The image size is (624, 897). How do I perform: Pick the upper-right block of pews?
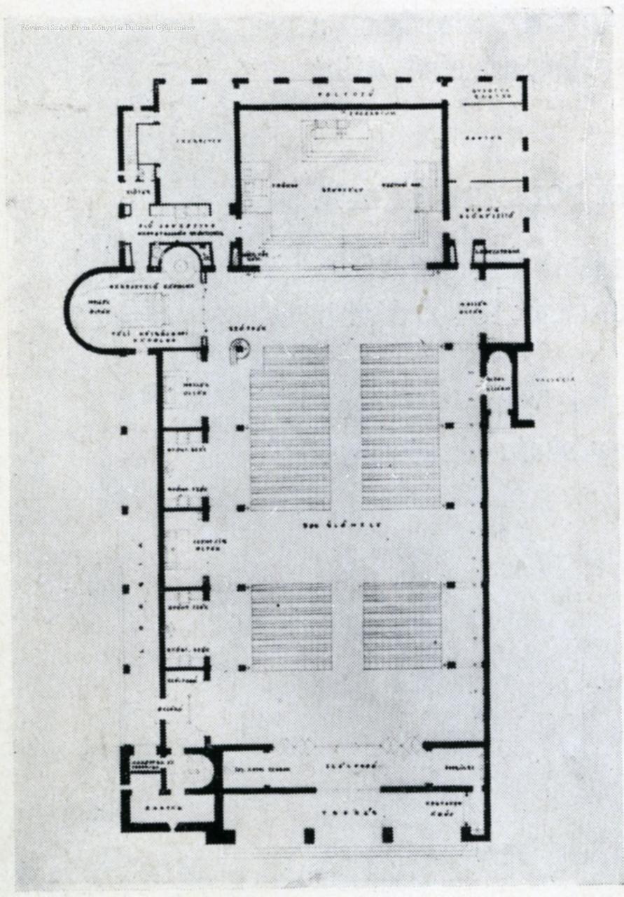(x=400, y=425)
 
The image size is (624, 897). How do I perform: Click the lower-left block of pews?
(x=291, y=626)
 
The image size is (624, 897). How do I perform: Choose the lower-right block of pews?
(x=402, y=625)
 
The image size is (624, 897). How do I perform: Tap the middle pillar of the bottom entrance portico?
(x=387, y=835)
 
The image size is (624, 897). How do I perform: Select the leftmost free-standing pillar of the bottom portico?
(x=308, y=835)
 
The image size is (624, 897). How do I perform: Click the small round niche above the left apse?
(x=180, y=262)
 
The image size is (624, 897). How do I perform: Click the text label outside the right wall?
(x=555, y=379)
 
